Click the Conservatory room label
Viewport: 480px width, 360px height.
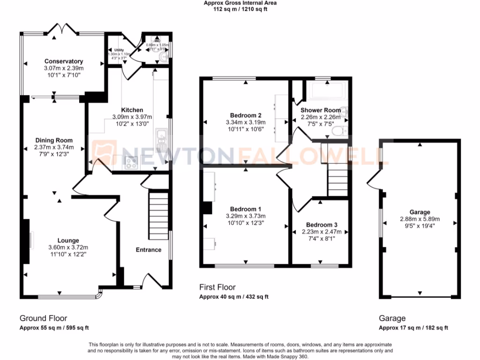[x=64, y=61]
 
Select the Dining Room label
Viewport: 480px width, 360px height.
[x=54, y=140]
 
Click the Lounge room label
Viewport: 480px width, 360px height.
[x=68, y=240]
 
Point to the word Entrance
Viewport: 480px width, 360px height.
[x=149, y=250]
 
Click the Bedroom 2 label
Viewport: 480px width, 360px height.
[x=246, y=115]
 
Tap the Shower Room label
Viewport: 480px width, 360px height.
[x=321, y=110]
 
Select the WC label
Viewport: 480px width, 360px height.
[x=151, y=41]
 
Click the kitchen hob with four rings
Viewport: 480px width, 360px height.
[x=130, y=163]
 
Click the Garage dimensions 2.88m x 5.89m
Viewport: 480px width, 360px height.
[x=419, y=218]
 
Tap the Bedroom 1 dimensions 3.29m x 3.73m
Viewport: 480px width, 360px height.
[x=246, y=216]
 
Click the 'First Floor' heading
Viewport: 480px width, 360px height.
[x=217, y=287]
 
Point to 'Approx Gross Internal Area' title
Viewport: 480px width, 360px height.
[x=240, y=3]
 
